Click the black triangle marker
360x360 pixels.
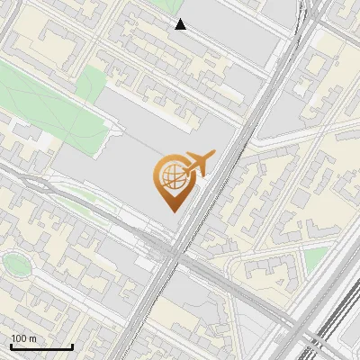(181, 24)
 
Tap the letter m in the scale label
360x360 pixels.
(34, 338)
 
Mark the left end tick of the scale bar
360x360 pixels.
(11, 346)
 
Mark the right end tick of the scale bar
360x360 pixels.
(72, 346)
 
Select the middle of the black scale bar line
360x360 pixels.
(41, 347)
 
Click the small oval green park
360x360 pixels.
(15, 264)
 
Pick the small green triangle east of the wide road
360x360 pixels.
(314, 260)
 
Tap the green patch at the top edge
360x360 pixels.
(167, 4)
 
